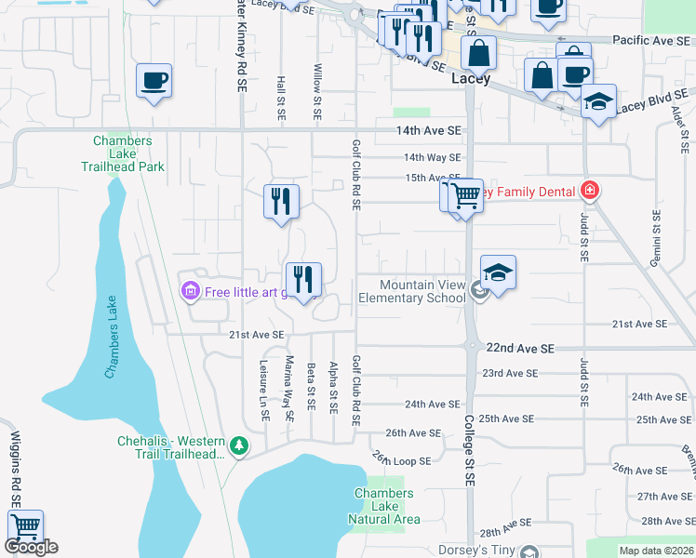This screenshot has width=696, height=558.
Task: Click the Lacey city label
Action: (470, 79)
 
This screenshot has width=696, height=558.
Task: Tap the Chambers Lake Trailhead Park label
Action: (128, 154)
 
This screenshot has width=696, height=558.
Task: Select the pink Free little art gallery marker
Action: (191, 292)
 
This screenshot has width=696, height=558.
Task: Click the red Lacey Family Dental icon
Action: (588, 192)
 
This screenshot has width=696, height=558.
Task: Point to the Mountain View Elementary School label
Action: (422, 292)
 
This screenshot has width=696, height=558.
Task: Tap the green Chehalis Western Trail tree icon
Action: (240, 447)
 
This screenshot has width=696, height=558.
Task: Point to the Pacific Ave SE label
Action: (652, 41)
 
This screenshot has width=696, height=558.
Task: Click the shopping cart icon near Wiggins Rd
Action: (25, 526)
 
